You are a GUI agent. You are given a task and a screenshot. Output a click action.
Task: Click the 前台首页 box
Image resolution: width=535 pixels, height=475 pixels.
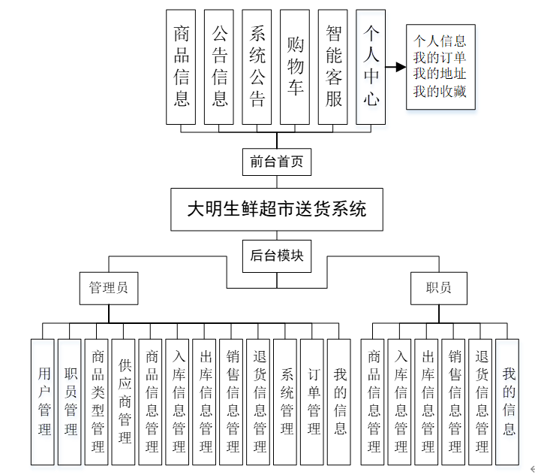click(277, 162)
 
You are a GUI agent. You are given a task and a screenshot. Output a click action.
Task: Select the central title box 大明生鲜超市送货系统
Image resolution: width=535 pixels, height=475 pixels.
click(277, 208)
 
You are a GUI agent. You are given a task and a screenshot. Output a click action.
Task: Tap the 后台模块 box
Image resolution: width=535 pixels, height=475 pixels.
click(277, 255)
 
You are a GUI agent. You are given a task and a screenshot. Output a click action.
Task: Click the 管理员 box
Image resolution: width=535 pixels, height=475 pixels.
click(109, 287)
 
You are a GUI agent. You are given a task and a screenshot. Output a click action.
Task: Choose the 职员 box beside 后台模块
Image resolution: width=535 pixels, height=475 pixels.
click(438, 287)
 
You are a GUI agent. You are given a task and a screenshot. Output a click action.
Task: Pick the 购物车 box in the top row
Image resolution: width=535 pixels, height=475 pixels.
click(296, 67)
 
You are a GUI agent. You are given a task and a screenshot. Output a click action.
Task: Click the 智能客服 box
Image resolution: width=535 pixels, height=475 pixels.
click(334, 67)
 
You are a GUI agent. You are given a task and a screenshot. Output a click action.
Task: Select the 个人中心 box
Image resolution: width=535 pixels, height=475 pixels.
click(371, 67)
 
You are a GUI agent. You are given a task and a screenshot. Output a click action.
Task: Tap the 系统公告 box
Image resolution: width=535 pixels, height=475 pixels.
click(257, 67)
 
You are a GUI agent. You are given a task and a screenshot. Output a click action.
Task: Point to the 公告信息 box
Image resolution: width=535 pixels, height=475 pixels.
click(219, 67)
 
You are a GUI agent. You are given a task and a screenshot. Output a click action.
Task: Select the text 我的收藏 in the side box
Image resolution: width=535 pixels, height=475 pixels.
click(440, 91)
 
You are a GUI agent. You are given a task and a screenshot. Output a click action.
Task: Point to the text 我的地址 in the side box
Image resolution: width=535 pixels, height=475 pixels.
click(440, 74)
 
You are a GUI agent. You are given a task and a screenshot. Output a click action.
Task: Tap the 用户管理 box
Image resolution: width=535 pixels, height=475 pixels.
click(44, 401)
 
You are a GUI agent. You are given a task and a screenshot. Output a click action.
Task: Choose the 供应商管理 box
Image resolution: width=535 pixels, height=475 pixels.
click(125, 401)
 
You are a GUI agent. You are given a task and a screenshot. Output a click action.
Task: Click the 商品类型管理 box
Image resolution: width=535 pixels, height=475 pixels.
click(98, 401)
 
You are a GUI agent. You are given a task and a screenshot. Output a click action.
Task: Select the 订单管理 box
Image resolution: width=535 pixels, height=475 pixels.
click(313, 401)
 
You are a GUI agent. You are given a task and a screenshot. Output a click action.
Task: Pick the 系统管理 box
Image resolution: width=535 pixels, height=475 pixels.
click(286, 401)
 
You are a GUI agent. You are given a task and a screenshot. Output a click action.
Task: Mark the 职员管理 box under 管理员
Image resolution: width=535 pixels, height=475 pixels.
click(71, 401)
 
